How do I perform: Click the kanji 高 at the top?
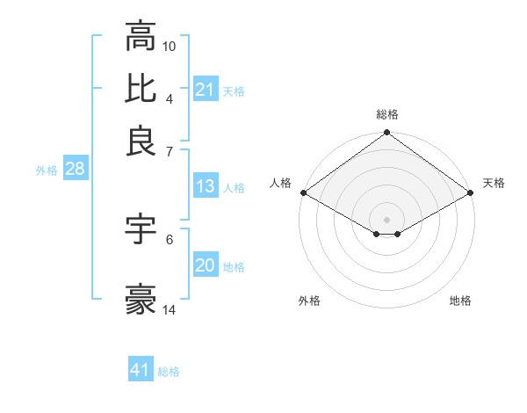(x=141, y=36)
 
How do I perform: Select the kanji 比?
(x=141, y=89)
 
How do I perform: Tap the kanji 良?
(x=141, y=141)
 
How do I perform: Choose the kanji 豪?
(x=141, y=300)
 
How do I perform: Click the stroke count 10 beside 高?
(x=170, y=46)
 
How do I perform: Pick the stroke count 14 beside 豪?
(x=170, y=309)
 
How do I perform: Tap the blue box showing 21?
(x=206, y=90)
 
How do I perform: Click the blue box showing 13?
(x=206, y=186)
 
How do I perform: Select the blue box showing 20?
(x=206, y=265)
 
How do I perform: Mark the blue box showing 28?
(x=75, y=169)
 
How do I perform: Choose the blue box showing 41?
(x=141, y=370)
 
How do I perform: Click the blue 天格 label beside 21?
(x=234, y=91)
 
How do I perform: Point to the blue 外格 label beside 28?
(x=47, y=170)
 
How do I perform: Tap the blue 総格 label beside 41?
(x=169, y=372)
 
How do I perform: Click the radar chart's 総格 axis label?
(x=387, y=114)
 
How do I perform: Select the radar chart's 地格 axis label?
(x=460, y=301)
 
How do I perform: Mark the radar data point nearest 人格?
(x=303, y=192)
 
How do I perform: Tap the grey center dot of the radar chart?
(x=387, y=219)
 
